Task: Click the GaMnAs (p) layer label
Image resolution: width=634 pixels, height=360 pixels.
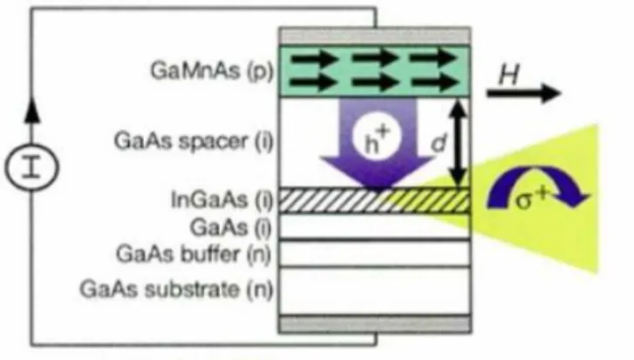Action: pos(212,71)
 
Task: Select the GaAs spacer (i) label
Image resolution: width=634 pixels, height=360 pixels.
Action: pos(194,142)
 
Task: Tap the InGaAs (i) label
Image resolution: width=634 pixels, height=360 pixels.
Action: pos(222,200)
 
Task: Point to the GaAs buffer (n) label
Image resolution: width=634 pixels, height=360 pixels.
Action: pos(194,255)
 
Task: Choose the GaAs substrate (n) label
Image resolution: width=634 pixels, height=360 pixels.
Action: pos(176,289)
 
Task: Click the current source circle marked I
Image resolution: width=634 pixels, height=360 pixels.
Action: pos(32,167)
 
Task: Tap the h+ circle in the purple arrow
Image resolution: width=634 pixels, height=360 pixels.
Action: pos(377,138)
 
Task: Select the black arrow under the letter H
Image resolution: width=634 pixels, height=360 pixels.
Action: pos(524,93)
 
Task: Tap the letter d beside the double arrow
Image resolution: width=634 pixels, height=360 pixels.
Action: pos(439,143)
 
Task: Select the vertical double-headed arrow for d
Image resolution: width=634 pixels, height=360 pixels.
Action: pos(458,143)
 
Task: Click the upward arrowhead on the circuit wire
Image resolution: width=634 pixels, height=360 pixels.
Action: pos(32,109)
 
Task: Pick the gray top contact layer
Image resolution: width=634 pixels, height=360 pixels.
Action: pos(375,36)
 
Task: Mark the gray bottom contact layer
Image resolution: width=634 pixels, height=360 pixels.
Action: pos(375,324)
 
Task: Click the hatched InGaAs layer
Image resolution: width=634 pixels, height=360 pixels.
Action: pos(375,200)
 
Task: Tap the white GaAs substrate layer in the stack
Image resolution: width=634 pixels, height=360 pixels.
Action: pos(375,291)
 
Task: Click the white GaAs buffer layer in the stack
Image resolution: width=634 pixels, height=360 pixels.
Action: pos(375,254)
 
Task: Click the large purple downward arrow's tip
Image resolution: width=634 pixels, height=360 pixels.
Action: pos(378,190)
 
